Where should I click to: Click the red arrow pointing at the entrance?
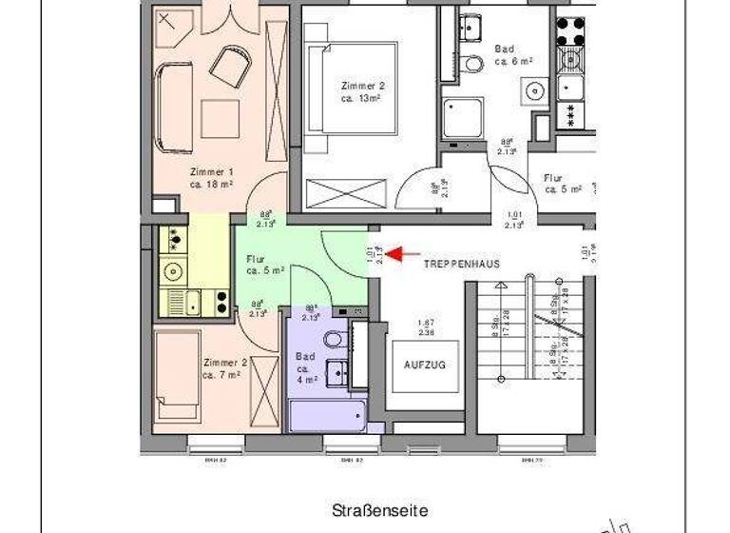(x=406, y=254)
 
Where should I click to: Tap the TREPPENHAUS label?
(x=461, y=263)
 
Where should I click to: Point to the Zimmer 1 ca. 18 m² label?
(x=211, y=178)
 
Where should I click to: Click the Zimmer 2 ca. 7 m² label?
(x=225, y=368)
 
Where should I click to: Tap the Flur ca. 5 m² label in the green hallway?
(x=264, y=265)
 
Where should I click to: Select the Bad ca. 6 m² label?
(x=512, y=55)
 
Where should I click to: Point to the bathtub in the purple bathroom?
(x=323, y=416)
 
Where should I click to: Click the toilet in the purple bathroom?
(x=334, y=339)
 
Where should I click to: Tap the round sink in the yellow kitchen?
(x=172, y=272)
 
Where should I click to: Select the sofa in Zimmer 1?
(x=172, y=108)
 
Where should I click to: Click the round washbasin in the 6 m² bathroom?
(x=534, y=92)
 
